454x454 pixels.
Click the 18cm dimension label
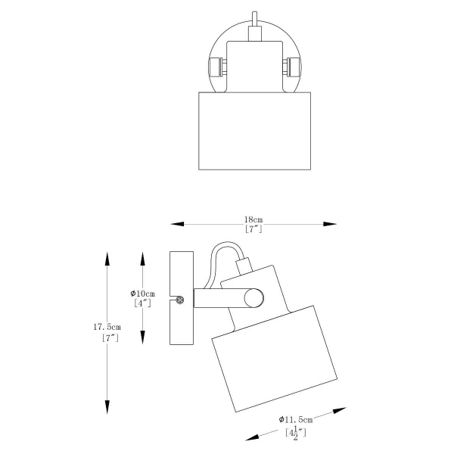[x=253, y=219]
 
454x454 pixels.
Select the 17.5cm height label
[x=107, y=327]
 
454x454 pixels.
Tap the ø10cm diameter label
[x=143, y=293]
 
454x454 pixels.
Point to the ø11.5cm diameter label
[x=296, y=419]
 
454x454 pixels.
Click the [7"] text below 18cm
[x=253, y=229]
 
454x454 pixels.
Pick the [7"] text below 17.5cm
[x=110, y=338]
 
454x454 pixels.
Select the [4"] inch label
[x=142, y=303]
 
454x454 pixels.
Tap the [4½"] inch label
[x=295, y=432]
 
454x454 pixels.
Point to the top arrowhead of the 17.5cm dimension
[x=107, y=257]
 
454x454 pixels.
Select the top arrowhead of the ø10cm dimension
[x=144, y=257]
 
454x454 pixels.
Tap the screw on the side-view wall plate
[x=180, y=301]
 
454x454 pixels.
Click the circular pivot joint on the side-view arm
[x=253, y=299]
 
